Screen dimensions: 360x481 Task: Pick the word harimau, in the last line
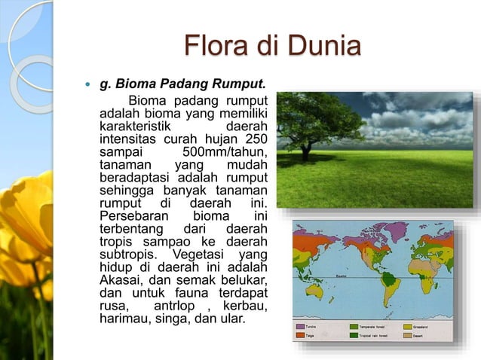tap(124, 319)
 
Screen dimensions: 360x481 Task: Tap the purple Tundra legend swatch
tap(300, 327)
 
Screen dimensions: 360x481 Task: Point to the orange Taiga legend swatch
tap(300, 336)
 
